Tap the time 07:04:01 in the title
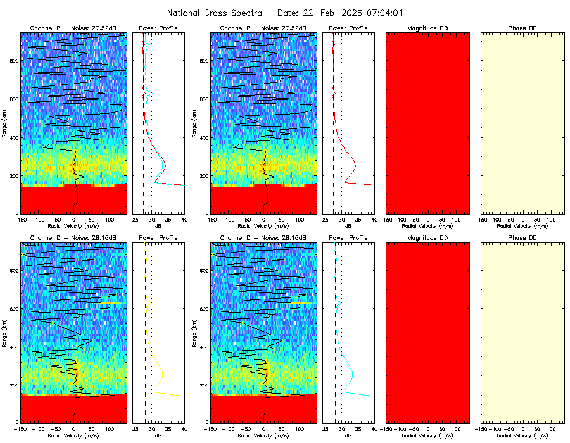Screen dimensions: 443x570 [x=383, y=13]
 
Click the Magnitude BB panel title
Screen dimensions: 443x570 [x=427, y=28]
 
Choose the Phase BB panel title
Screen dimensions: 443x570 [x=522, y=28]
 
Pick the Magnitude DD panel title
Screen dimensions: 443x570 [x=427, y=238]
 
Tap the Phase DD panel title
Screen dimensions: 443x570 [x=522, y=238]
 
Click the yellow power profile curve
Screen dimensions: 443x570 [x=162, y=373]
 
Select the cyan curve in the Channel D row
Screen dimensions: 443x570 [x=351, y=373]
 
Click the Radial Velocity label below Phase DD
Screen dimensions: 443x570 [x=522, y=435]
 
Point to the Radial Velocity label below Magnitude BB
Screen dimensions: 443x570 [x=427, y=225]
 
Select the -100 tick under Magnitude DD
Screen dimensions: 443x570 [x=400, y=430]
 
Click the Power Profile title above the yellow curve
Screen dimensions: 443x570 [x=159, y=238]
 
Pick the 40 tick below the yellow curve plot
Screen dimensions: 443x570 [x=184, y=430]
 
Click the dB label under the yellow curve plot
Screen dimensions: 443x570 [x=159, y=435]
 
